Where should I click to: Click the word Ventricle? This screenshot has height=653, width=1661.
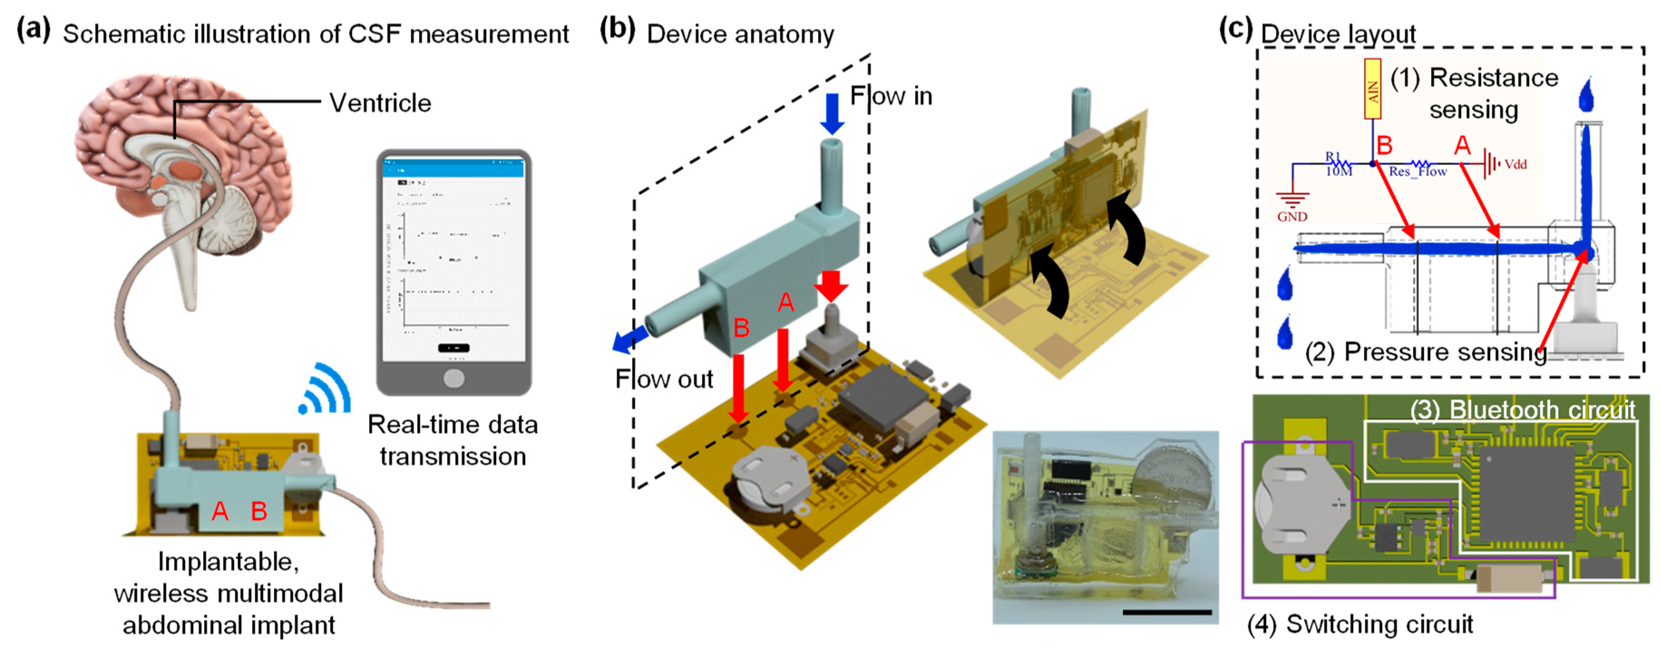click(x=380, y=103)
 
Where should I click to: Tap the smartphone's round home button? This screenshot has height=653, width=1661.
click(x=454, y=378)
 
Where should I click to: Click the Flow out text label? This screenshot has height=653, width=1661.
click(x=664, y=379)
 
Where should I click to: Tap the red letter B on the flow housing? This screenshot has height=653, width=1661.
click(x=741, y=328)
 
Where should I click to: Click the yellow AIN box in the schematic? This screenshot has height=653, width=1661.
click(x=1373, y=89)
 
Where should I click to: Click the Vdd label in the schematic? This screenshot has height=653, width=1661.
click(x=1515, y=164)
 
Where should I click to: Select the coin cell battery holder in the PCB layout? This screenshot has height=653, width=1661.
click(x=1299, y=506)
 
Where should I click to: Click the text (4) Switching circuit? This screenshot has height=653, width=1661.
click(x=1360, y=624)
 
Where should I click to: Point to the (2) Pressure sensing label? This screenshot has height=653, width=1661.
click(x=1425, y=352)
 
